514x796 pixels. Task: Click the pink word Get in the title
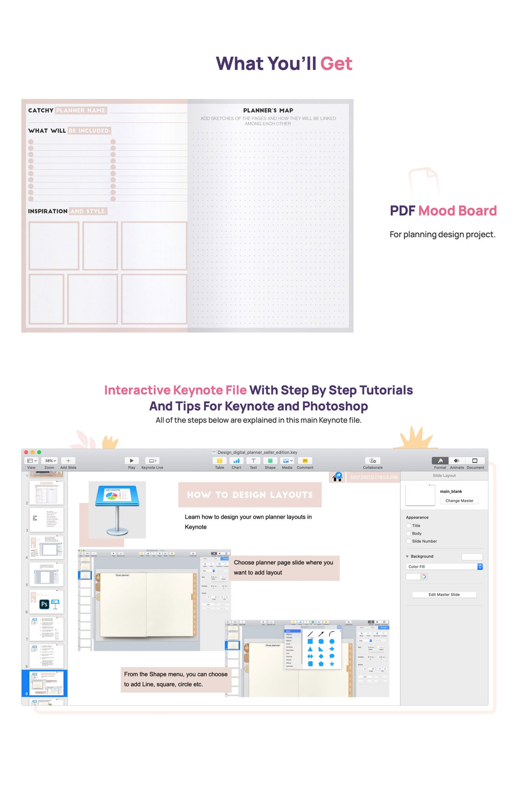[x=336, y=63]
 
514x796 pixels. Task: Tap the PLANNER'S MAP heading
[x=268, y=110]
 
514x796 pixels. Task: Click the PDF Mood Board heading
[x=443, y=211]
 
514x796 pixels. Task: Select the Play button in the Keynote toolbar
[x=131, y=461]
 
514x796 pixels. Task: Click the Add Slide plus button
[x=68, y=461]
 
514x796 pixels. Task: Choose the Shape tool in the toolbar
[x=270, y=461]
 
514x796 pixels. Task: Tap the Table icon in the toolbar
[x=219, y=461]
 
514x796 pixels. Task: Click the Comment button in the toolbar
[x=305, y=461]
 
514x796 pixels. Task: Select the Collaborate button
[x=373, y=461]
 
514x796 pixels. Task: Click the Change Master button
[x=459, y=501]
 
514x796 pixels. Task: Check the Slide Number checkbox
[x=408, y=541]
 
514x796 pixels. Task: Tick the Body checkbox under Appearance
[x=408, y=533]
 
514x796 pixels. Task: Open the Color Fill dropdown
[x=444, y=567]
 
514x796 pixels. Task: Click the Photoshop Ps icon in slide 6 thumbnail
[x=44, y=604]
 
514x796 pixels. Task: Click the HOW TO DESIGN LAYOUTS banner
[x=250, y=495]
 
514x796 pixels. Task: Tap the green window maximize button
[x=39, y=452]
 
